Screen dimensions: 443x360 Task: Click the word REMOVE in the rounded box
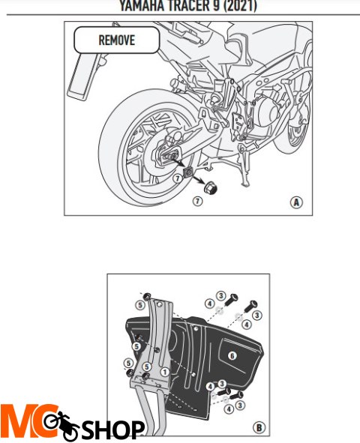click(x=116, y=40)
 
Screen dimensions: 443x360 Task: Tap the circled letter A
click(x=296, y=202)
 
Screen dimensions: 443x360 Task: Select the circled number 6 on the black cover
click(x=232, y=355)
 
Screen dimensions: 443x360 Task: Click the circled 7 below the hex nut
click(x=196, y=202)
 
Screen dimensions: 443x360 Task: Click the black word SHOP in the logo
click(x=113, y=430)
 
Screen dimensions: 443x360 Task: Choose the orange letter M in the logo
click(x=19, y=422)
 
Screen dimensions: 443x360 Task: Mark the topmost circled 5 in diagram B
click(x=139, y=305)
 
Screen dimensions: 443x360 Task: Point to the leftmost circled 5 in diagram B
click(x=128, y=364)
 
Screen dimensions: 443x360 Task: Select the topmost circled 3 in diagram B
click(x=221, y=295)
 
